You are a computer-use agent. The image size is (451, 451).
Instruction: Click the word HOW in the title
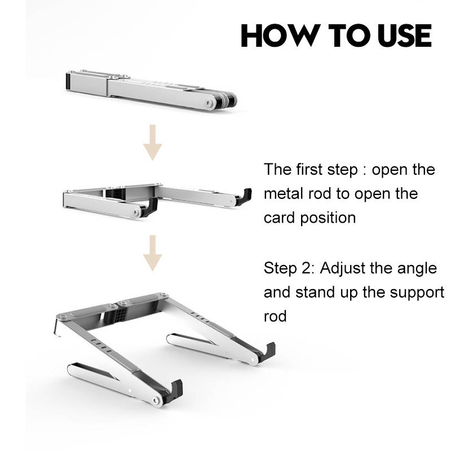[x=281, y=36]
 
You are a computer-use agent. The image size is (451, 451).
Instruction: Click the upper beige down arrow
[x=153, y=143]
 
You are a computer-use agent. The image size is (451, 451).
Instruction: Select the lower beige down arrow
[x=153, y=253]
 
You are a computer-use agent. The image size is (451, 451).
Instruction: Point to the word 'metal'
[x=284, y=193]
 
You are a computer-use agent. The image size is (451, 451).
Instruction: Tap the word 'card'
[x=279, y=218]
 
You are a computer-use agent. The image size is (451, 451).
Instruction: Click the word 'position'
[x=328, y=219]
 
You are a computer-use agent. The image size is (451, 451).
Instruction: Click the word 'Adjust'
[x=342, y=269]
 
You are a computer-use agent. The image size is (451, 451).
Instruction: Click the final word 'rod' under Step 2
[x=275, y=316]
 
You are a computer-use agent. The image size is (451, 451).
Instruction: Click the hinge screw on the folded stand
[x=209, y=103]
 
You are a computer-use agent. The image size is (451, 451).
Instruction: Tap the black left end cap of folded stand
[x=68, y=81]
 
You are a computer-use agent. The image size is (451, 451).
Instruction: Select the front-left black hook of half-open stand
[x=150, y=207]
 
